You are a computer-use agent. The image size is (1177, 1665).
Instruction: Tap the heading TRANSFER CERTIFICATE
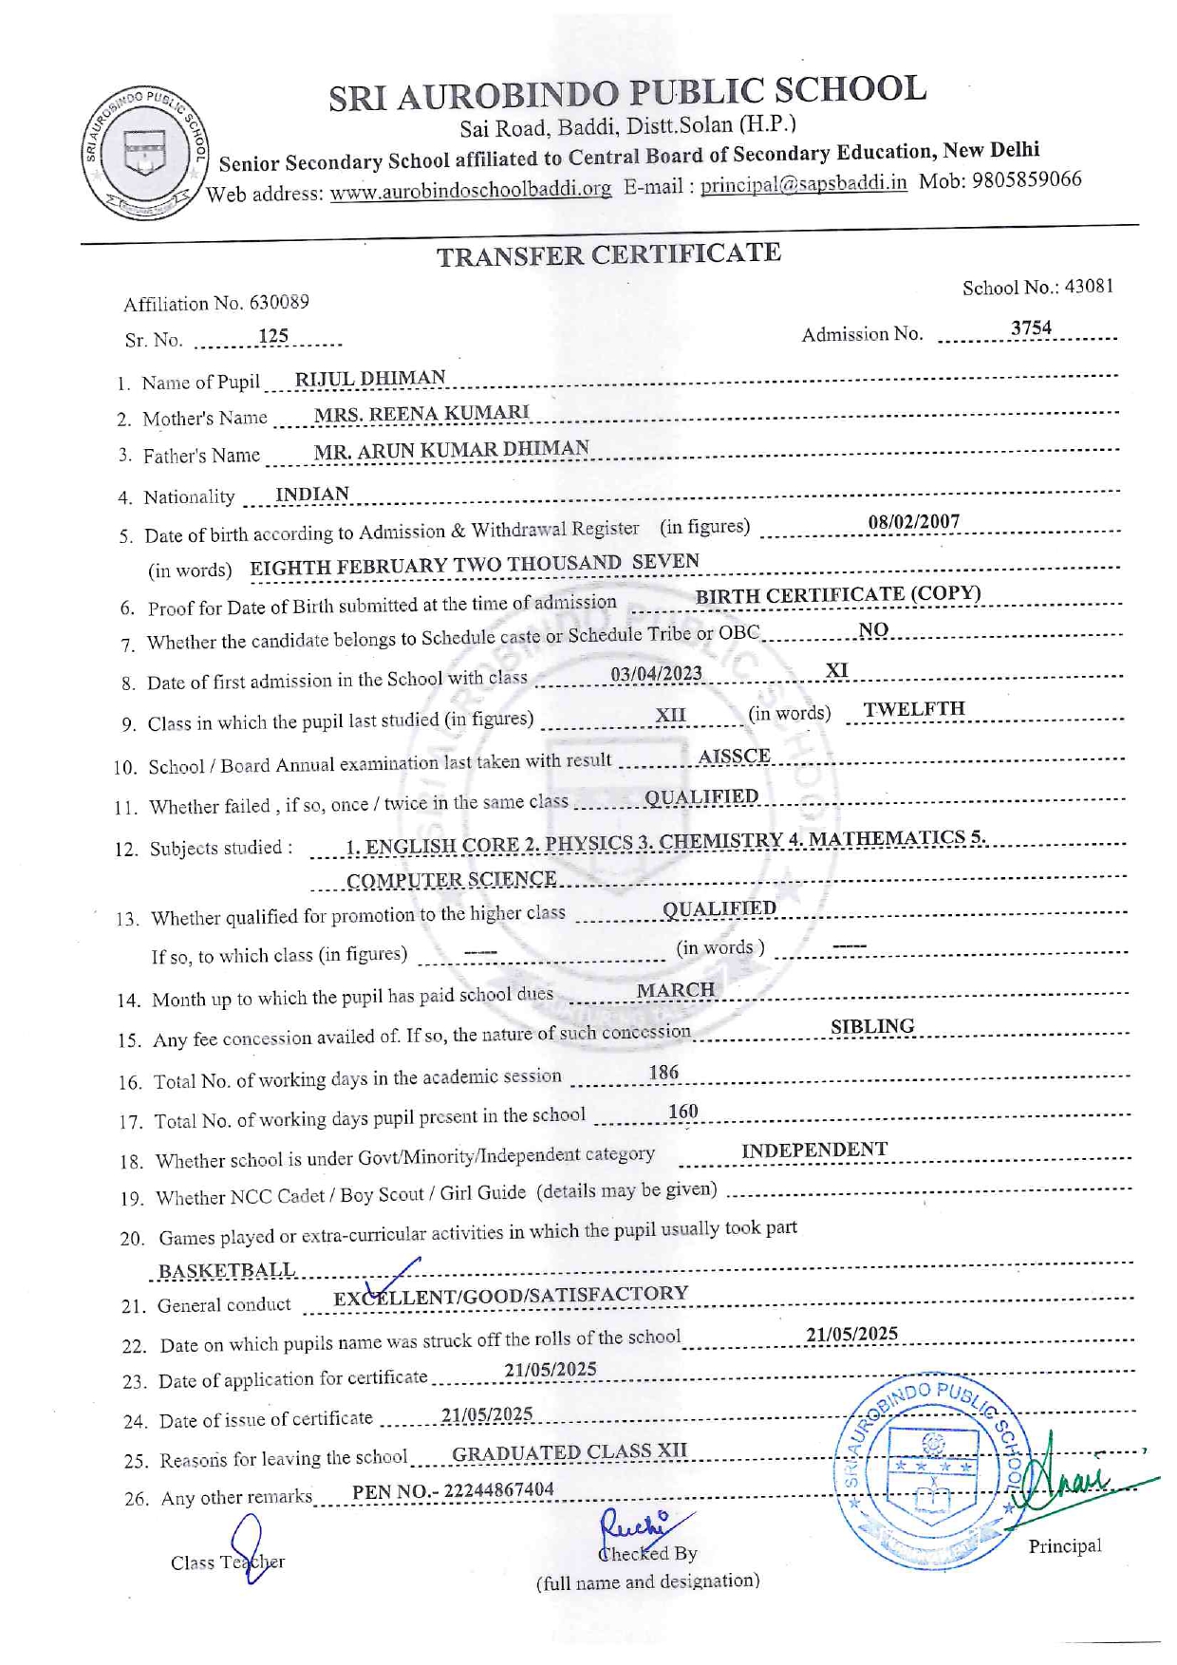point(608,254)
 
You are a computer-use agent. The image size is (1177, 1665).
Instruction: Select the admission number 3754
point(1031,328)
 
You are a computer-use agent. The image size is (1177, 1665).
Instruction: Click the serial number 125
point(273,336)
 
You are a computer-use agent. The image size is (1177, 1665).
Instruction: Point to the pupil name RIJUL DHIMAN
point(370,378)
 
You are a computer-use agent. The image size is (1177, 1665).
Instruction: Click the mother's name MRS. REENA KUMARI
point(421,413)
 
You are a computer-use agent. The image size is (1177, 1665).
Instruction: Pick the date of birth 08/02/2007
point(913,521)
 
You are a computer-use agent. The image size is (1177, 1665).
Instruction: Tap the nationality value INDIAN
point(312,495)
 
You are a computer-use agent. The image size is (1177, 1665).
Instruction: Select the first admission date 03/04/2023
point(656,674)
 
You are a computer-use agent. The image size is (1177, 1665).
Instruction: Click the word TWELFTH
point(914,709)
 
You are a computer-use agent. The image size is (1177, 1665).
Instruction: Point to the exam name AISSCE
point(734,757)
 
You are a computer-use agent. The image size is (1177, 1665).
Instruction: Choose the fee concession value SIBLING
point(872,1026)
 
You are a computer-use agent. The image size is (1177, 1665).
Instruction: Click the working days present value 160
point(682,1112)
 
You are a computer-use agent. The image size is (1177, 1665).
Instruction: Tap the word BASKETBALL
point(226,1270)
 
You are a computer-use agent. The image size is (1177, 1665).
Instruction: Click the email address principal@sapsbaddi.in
point(803,184)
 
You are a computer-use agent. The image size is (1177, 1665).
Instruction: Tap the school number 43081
point(1088,287)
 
